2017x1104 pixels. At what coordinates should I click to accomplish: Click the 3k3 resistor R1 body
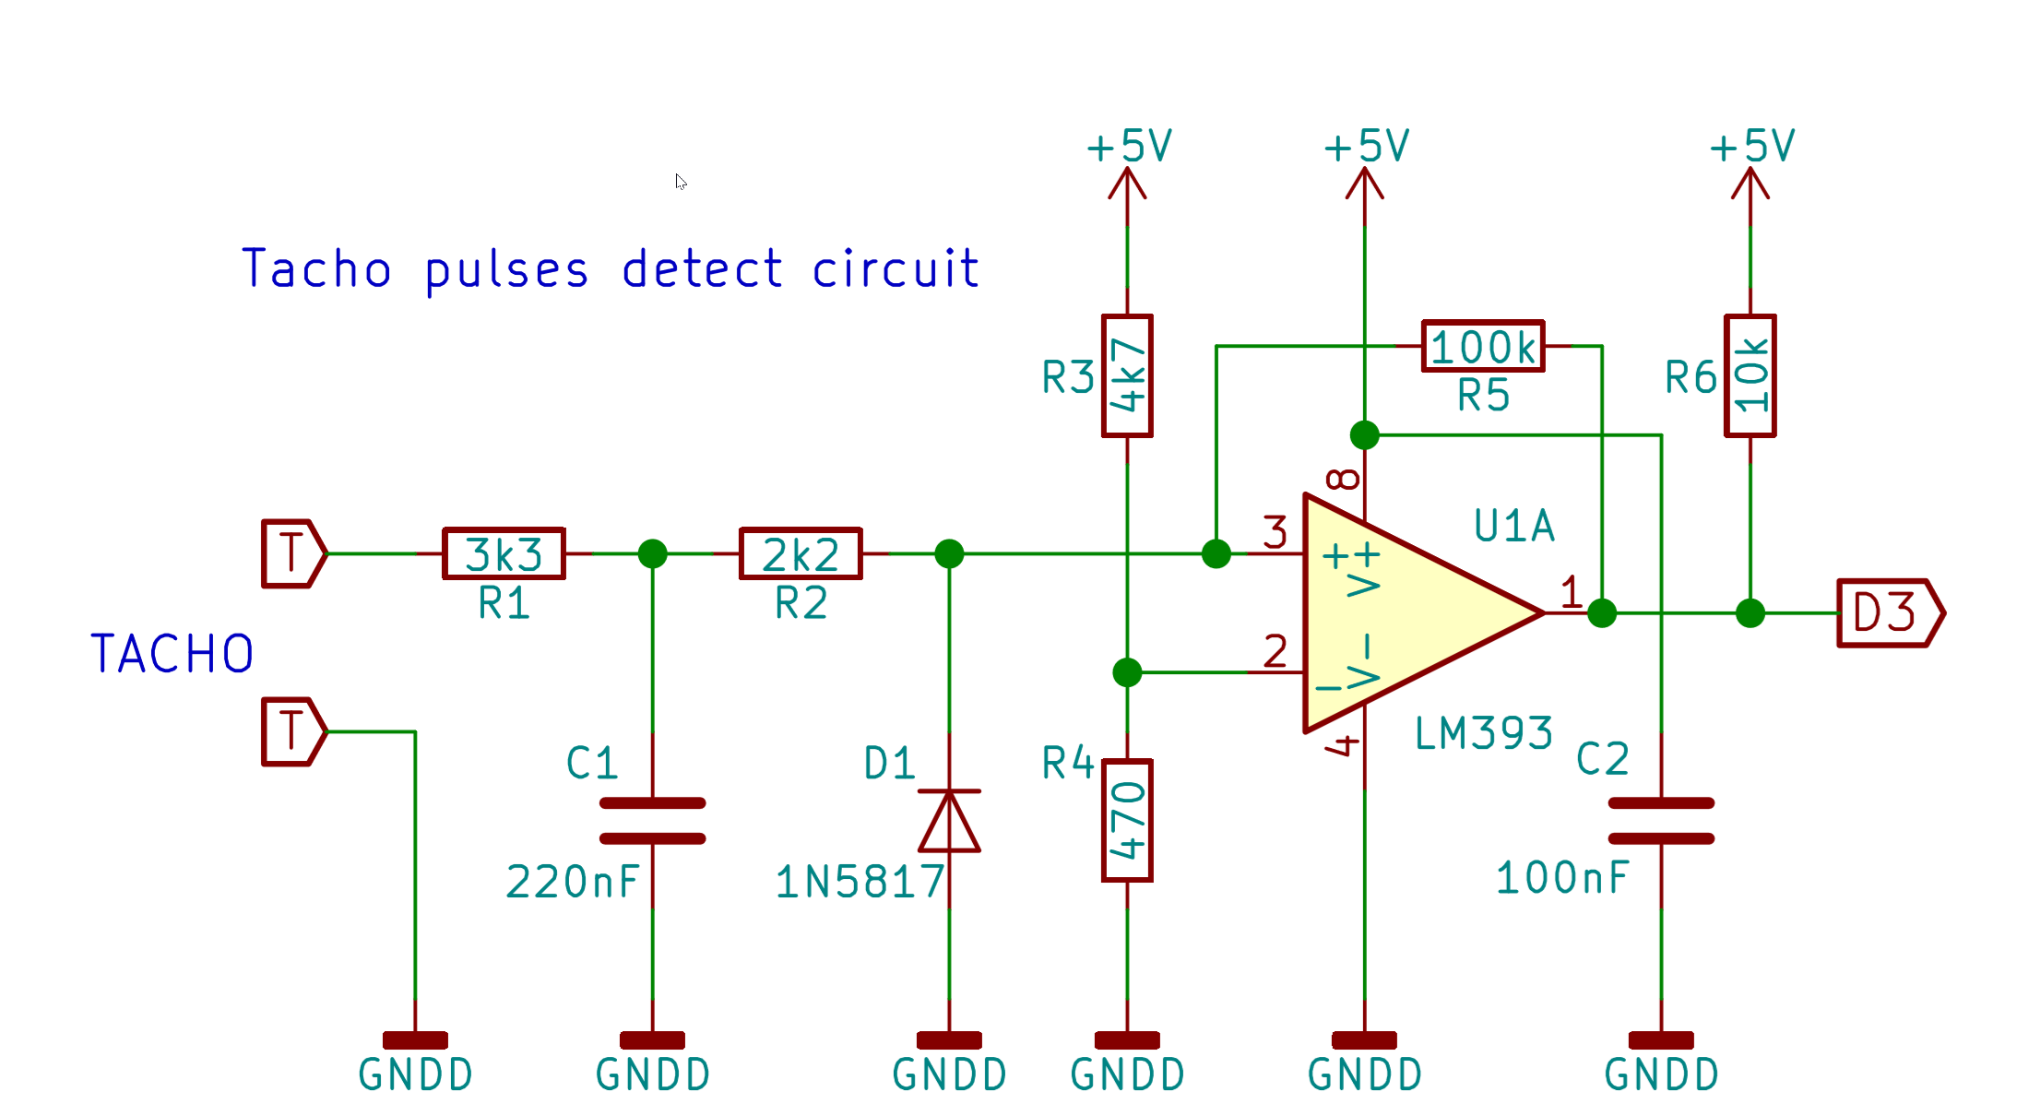504,553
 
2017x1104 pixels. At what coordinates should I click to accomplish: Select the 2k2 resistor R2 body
801,553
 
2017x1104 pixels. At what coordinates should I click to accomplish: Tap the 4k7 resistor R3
1127,375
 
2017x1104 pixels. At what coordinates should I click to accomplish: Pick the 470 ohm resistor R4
1127,820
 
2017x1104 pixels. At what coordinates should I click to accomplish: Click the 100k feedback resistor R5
1483,346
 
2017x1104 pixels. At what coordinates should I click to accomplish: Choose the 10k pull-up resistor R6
1750,375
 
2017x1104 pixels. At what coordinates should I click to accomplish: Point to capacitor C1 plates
652,821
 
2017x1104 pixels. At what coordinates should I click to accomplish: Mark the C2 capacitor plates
1661,821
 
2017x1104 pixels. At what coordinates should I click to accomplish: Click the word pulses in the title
506,270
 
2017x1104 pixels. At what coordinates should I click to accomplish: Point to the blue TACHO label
172,654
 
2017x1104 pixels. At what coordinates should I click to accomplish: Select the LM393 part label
1483,734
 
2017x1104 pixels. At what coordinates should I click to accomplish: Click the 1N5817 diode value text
860,882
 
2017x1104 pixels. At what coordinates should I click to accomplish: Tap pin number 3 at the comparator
1275,532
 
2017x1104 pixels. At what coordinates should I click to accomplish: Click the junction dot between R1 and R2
652,553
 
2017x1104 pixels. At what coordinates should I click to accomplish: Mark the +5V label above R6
1751,147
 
